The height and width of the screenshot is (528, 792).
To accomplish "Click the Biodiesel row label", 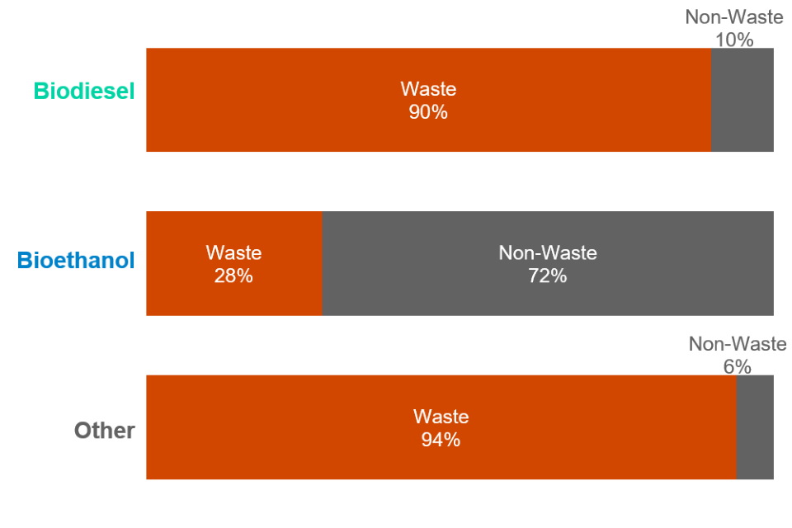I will [84, 91].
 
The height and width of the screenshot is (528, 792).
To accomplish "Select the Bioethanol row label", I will [77, 262].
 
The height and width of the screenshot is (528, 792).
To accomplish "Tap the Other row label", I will [105, 431].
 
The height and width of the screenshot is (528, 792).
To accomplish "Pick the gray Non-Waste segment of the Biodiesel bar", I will [742, 101].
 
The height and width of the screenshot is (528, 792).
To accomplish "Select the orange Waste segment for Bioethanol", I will [233, 297].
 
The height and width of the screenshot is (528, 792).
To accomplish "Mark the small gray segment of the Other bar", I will [755, 427].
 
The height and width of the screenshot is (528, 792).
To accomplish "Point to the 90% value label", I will [428, 112].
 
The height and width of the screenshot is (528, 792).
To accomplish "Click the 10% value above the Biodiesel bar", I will [734, 39].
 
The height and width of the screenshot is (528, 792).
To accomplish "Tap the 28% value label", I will [233, 276].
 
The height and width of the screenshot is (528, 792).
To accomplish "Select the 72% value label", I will [548, 276].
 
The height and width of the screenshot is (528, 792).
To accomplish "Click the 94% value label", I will [441, 440].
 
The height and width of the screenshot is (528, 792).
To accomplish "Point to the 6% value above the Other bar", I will [738, 366].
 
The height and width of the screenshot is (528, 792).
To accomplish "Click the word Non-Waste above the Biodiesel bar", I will [734, 17].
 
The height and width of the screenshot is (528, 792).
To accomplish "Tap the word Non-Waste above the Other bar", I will [738, 345].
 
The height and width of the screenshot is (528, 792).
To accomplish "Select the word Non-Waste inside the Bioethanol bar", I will [548, 253].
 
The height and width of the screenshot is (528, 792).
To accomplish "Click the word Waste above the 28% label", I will [233, 253].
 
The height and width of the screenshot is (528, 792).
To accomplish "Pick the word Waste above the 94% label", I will [441, 417].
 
